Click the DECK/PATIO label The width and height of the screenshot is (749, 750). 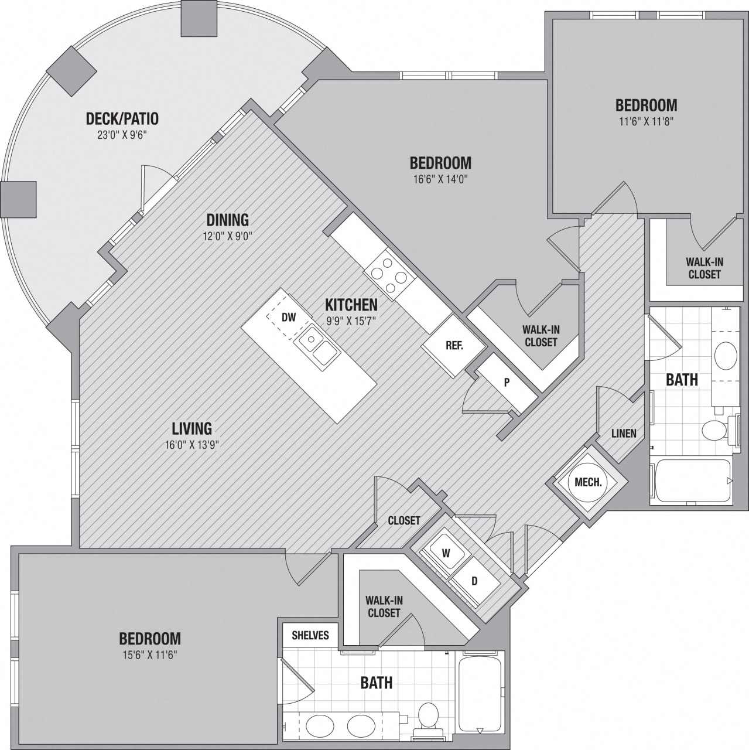[122, 119]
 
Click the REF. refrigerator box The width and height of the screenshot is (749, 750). [454, 346]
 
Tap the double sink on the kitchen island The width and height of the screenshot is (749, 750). [317, 346]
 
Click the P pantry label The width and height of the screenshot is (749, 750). [507, 383]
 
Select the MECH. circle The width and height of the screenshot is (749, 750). [588, 482]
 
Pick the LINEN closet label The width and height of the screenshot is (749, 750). [623, 434]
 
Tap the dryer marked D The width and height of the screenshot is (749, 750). [474, 581]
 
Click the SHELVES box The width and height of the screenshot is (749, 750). [310, 635]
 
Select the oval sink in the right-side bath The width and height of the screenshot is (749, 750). [726, 355]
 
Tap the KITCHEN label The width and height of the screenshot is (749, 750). [351, 305]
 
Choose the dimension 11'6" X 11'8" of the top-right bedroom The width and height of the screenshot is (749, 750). [646, 121]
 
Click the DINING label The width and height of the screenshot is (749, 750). [227, 220]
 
